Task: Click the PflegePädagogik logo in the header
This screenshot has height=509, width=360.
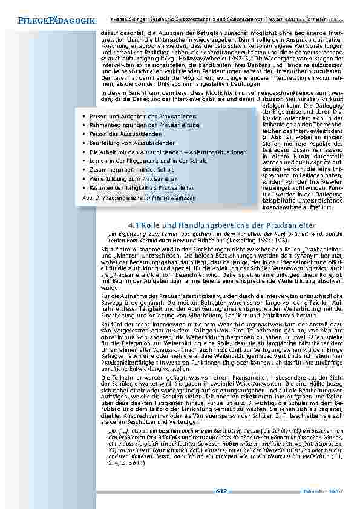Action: pos(52,22)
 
